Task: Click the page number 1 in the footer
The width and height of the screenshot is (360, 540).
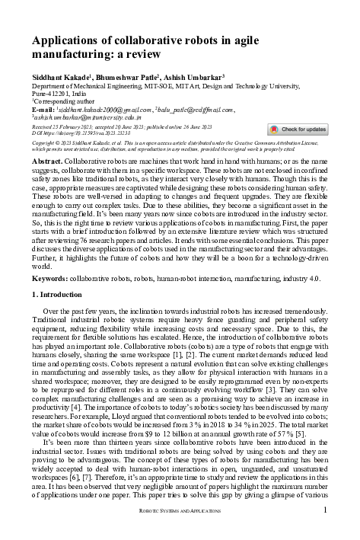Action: click(x=324, y=531)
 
